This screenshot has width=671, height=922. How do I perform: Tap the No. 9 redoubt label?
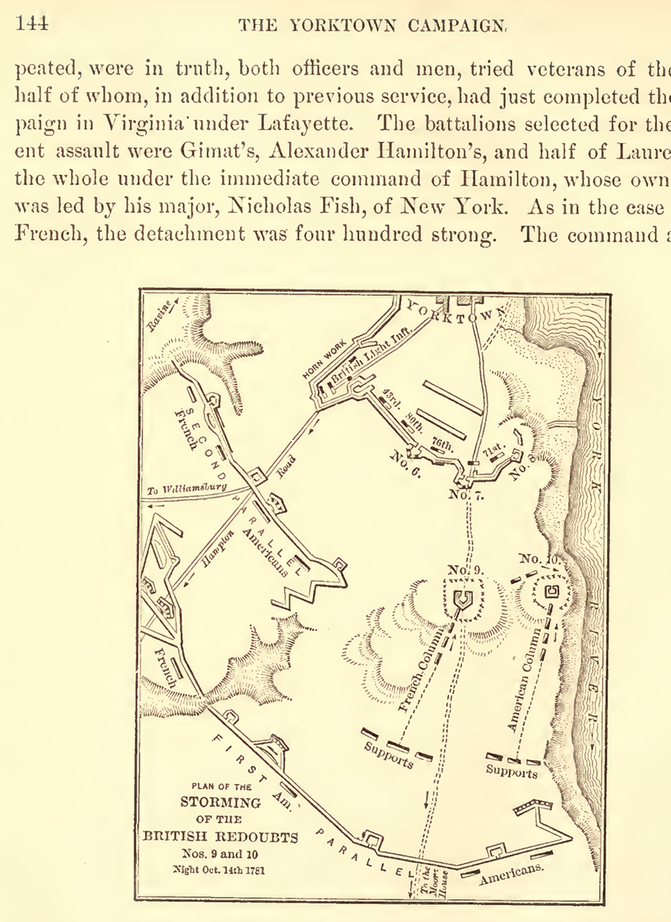464,570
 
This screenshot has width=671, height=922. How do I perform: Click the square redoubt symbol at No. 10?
550,592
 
